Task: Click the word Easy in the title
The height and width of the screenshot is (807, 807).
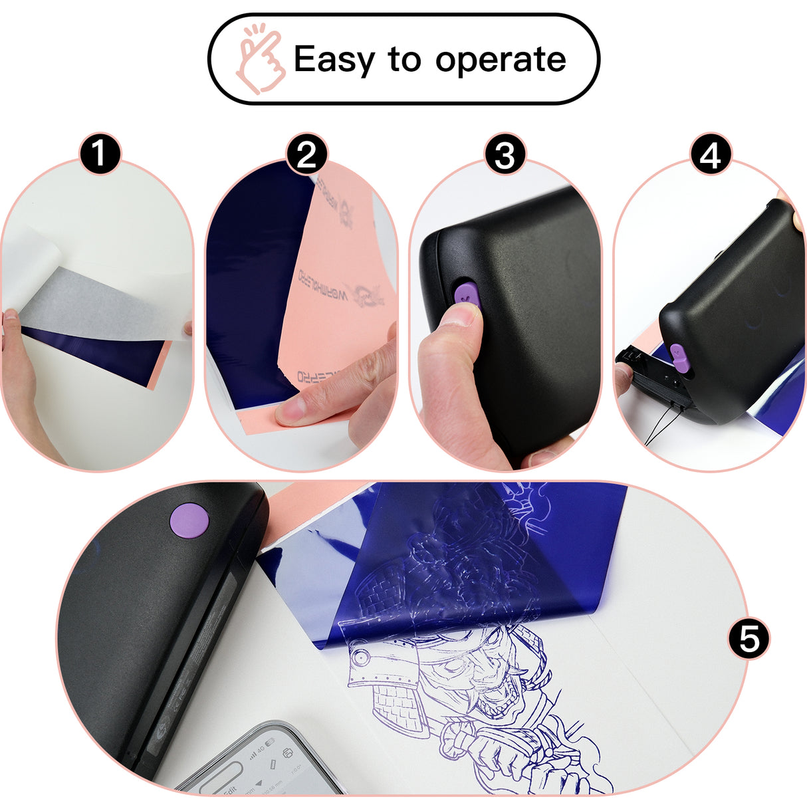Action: pos(334,60)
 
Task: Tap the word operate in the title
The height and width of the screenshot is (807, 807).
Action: pos(501,60)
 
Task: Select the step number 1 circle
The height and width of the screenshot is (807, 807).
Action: pos(100,154)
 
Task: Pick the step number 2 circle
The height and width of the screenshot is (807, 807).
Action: pos(306,155)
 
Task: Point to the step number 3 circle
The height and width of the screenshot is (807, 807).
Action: pos(505,155)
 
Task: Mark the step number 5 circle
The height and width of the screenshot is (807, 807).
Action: pos(749,639)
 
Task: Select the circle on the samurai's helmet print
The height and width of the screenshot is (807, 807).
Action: pos(362,657)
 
